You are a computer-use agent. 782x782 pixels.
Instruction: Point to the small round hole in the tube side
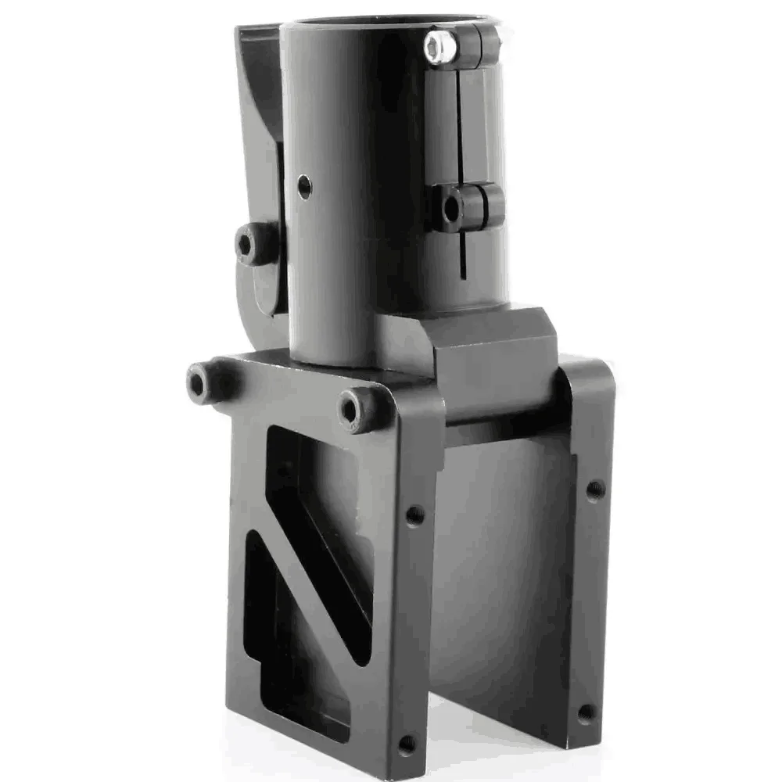click(x=304, y=186)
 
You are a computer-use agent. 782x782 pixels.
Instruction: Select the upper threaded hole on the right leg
click(x=595, y=490)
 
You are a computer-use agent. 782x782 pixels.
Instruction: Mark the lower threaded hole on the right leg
click(x=585, y=713)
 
